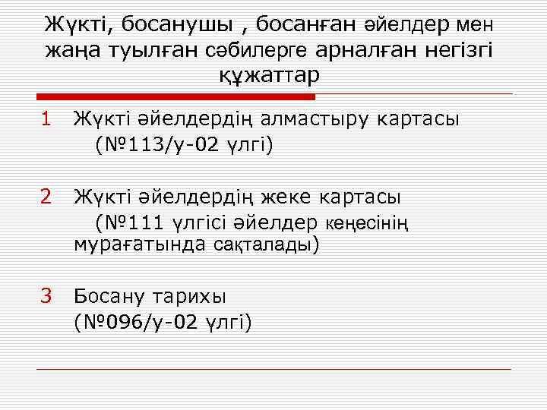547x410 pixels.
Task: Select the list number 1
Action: point(46,118)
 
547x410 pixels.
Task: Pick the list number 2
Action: point(46,197)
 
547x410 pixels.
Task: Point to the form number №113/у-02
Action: point(151,144)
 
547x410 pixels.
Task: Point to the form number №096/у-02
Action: point(141,322)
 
